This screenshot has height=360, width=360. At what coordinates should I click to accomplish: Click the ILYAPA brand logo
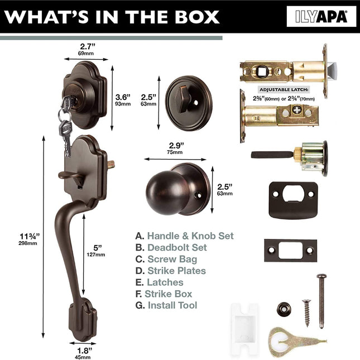[321, 17]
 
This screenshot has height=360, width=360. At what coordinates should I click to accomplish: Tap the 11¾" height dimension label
[29, 239]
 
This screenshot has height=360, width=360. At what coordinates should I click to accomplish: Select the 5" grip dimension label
[96, 251]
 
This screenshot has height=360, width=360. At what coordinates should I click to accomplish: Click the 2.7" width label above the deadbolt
[87, 49]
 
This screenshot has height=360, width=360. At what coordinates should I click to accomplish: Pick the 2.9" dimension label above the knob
[175, 148]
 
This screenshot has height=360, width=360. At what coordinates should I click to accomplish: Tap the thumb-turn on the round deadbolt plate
[183, 99]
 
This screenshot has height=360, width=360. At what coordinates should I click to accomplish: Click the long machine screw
[321, 301]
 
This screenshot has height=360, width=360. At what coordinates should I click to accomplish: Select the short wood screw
[307, 313]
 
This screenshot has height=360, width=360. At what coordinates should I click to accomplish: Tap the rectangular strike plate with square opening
[290, 250]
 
